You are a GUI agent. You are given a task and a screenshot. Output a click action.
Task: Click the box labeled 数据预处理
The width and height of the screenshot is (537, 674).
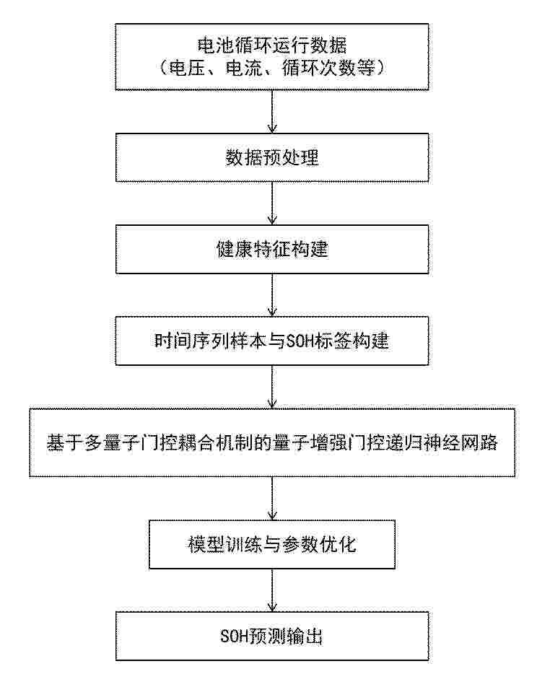[x=272, y=157]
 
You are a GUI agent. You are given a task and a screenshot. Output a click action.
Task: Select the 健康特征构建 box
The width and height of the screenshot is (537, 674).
[x=272, y=249]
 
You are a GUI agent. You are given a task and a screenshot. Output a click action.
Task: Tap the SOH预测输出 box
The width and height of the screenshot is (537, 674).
[x=272, y=636]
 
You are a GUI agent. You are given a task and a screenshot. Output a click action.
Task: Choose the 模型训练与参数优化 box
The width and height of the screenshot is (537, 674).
[x=272, y=544]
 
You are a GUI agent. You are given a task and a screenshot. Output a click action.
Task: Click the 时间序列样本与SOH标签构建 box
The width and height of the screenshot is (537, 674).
[x=272, y=341]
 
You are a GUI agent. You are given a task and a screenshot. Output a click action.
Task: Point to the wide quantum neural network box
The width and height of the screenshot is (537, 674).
[x=272, y=442]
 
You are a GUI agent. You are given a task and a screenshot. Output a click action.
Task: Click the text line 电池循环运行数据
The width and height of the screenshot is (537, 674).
[x=272, y=45]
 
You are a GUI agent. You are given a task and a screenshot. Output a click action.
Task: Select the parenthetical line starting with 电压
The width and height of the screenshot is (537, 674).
[x=272, y=68]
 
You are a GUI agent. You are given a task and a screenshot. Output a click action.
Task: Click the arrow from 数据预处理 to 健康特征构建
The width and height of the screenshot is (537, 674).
[x=272, y=203]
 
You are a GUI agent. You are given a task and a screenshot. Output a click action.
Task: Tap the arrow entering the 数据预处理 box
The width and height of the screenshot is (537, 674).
[x=272, y=111]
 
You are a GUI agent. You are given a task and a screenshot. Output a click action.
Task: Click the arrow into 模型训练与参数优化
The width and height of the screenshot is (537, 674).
[x=272, y=498]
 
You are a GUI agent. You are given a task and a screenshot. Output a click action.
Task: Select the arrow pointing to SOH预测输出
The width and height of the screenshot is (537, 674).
[x=272, y=590]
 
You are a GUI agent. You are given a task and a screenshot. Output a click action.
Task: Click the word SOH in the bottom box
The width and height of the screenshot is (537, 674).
[x=235, y=636]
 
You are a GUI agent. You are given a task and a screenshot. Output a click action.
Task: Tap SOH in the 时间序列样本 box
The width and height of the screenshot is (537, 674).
[x=300, y=341]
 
